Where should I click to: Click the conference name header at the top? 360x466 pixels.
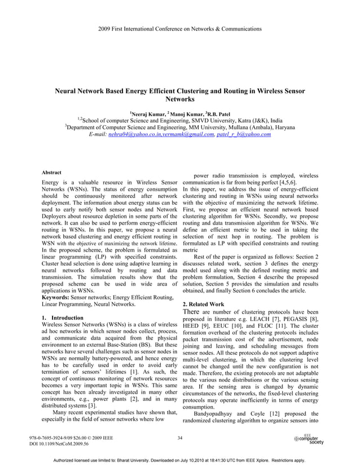click(180, 28)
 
